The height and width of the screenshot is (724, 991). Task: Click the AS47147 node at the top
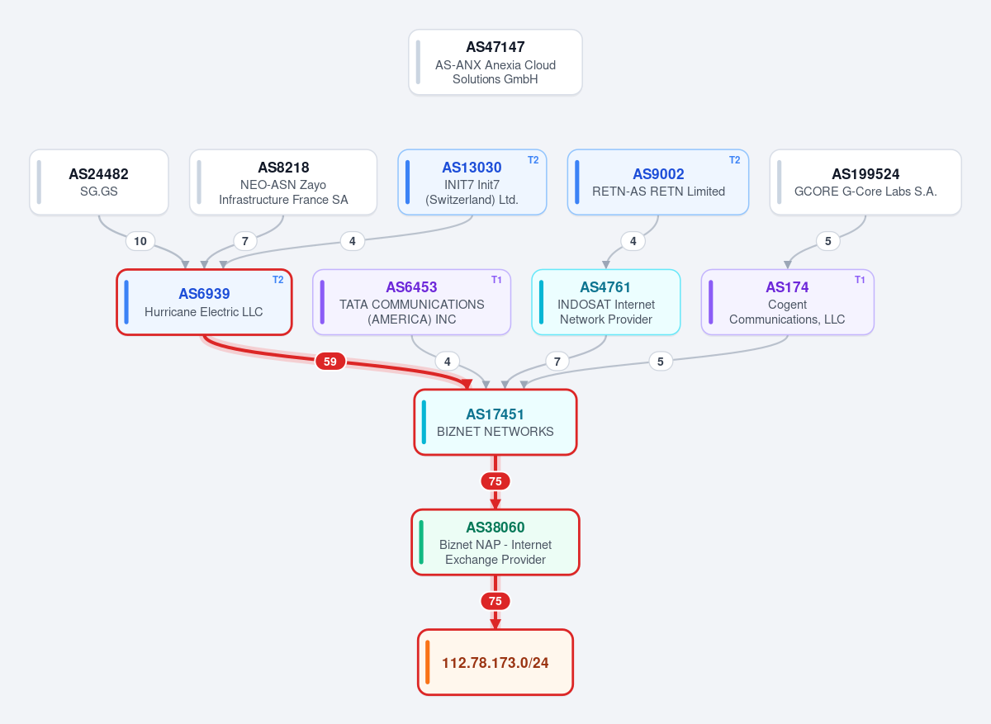(495, 62)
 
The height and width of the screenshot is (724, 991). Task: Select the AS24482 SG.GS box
(98, 182)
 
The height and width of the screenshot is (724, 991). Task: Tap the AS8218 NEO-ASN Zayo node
(283, 182)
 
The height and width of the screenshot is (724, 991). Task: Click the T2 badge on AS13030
(533, 160)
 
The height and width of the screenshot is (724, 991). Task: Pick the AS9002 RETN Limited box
(658, 182)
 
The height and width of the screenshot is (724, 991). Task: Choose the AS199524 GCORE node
(865, 182)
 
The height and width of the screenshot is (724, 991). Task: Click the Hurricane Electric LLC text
(203, 312)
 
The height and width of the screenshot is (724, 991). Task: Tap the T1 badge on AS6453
(496, 280)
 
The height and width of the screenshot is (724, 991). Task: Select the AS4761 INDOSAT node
(605, 302)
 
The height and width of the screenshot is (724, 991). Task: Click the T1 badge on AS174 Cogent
(860, 280)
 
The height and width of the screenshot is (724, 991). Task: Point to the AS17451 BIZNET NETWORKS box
(495, 422)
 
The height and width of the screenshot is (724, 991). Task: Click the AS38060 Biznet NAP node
(495, 542)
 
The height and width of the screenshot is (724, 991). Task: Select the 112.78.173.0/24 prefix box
(495, 662)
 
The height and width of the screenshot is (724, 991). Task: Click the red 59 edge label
(330, 362)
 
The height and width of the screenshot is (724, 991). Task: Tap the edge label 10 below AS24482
(140, 241)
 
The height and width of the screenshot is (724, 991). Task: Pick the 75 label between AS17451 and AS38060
(495, 481)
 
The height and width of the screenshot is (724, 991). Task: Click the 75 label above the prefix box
(495, 601)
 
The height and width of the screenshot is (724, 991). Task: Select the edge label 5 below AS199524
(827, 241)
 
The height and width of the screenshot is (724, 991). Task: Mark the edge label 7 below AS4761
(557, 362)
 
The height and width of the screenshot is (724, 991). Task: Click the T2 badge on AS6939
(277, 280)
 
